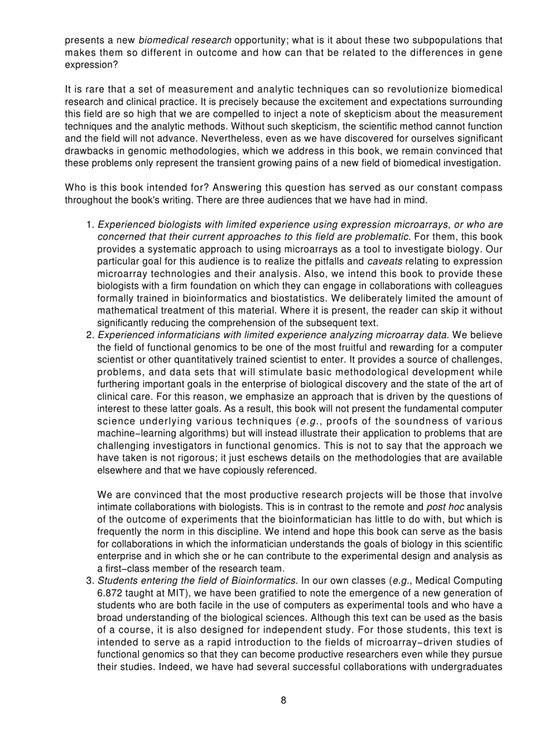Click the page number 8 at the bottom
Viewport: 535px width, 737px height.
pos(283,700)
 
